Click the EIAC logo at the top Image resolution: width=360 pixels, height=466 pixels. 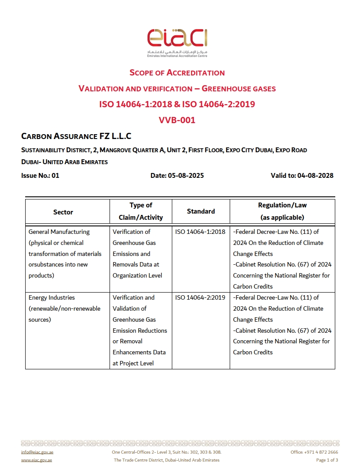click(x=177, y=42)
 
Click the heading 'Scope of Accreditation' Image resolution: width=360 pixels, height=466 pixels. click(x=177, y=72)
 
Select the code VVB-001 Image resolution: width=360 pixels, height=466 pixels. click(x=177, y=120)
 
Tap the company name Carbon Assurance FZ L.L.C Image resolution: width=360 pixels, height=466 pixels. click(x=76, y=136)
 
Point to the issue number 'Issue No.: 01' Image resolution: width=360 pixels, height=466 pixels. click(x=40, y=175)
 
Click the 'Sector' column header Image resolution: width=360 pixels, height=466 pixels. click(x=63, y=212)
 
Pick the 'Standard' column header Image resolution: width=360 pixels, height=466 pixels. click(x=201, y=211)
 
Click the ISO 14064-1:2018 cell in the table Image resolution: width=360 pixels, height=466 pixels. click(x=200, y=232)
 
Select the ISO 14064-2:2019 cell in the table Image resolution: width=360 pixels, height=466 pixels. click(x=200, y=297)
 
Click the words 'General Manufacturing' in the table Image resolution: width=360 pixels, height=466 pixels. click(x=59, y=232)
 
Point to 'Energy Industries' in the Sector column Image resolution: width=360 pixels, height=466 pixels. click(x=52, y=297)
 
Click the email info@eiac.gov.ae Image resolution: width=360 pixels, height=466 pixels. click(x=37, y=452)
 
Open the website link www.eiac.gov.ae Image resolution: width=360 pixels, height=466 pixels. click(x=37, y=460)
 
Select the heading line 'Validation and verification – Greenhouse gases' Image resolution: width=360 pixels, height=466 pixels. click(x=177, y=88)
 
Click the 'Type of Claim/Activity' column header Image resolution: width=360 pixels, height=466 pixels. click(x=141, y=211)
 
